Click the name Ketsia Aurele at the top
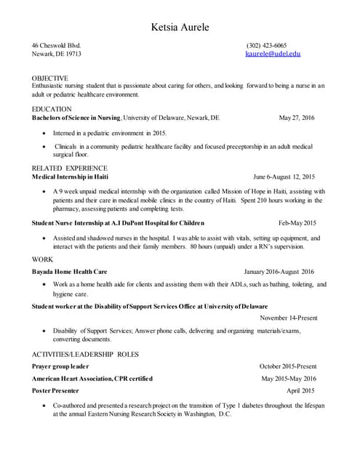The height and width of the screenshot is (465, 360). coord(179,28)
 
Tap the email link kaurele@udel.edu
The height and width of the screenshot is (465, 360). coord(273,54)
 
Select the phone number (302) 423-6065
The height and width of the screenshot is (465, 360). coord(266,45)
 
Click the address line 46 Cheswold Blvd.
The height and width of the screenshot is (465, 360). coord(60,45)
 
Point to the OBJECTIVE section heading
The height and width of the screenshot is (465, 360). coord(50,78)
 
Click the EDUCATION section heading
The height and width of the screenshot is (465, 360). coord(52,109)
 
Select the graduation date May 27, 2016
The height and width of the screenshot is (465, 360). coord(297,118)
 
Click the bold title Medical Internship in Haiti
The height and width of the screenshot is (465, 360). coord(71,177)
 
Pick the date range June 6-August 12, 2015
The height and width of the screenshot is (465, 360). coord(284,177)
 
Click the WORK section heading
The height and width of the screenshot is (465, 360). coord(42,259)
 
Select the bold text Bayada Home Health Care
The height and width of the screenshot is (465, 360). coord(70,271)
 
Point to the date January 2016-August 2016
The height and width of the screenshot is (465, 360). coord(279,271)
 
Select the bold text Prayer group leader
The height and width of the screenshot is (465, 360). coord(60,366)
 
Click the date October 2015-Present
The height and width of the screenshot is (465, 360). coord(287,366)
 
